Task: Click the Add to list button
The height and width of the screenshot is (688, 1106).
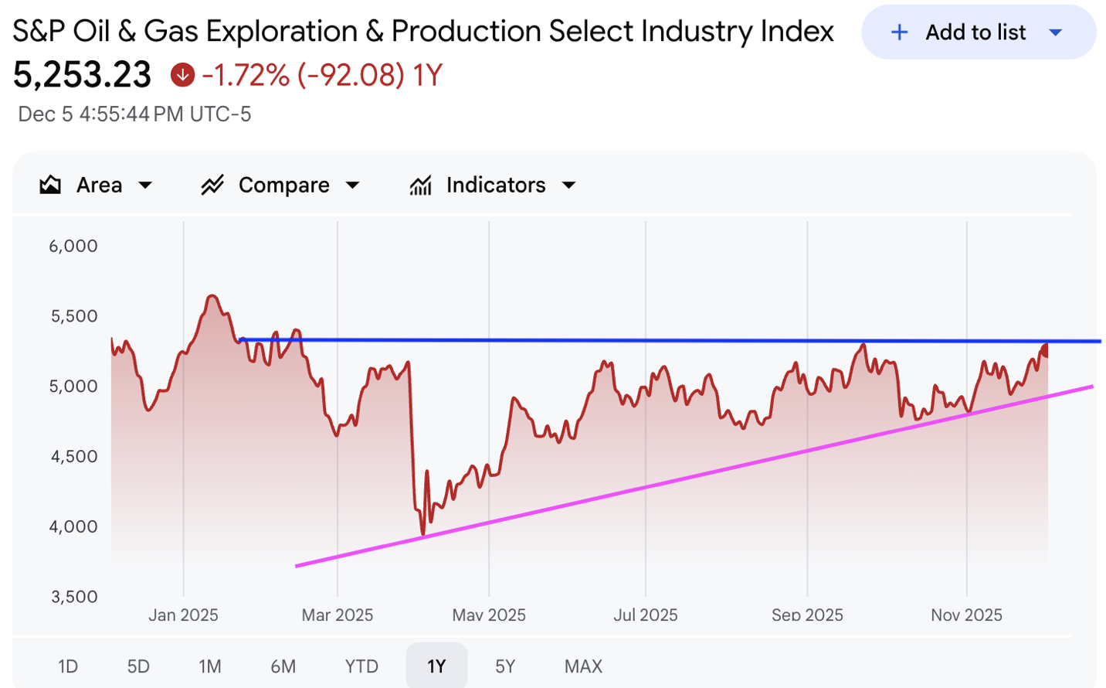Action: point(977,32)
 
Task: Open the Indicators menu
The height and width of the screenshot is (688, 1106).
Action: point(493,186)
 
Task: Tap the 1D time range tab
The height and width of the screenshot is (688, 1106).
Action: point(68,666)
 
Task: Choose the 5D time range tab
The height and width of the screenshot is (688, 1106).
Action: point(138,666)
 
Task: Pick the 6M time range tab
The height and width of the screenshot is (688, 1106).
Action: point(283,666)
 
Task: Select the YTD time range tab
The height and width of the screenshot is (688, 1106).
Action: point(361,666)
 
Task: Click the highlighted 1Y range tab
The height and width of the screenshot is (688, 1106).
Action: point(436,666)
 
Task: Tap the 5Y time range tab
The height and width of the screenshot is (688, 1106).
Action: point(505,666)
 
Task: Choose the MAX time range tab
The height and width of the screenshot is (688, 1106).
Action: point(583,666)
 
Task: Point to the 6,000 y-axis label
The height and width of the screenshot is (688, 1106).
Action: point(73,247)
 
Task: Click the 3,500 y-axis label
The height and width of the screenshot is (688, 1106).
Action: point(74,597)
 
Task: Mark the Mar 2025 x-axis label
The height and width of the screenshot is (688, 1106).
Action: point(338,615)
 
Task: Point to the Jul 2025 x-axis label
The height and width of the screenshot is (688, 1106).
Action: point(646,615)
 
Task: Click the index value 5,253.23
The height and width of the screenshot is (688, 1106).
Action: point(83,75)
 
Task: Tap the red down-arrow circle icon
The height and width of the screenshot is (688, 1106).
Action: point(182,75)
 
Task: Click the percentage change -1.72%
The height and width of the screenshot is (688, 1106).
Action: point(246,76)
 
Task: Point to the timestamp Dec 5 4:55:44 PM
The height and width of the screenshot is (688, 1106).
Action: point(134,114)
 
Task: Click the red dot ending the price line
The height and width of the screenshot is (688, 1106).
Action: point(1046,350)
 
